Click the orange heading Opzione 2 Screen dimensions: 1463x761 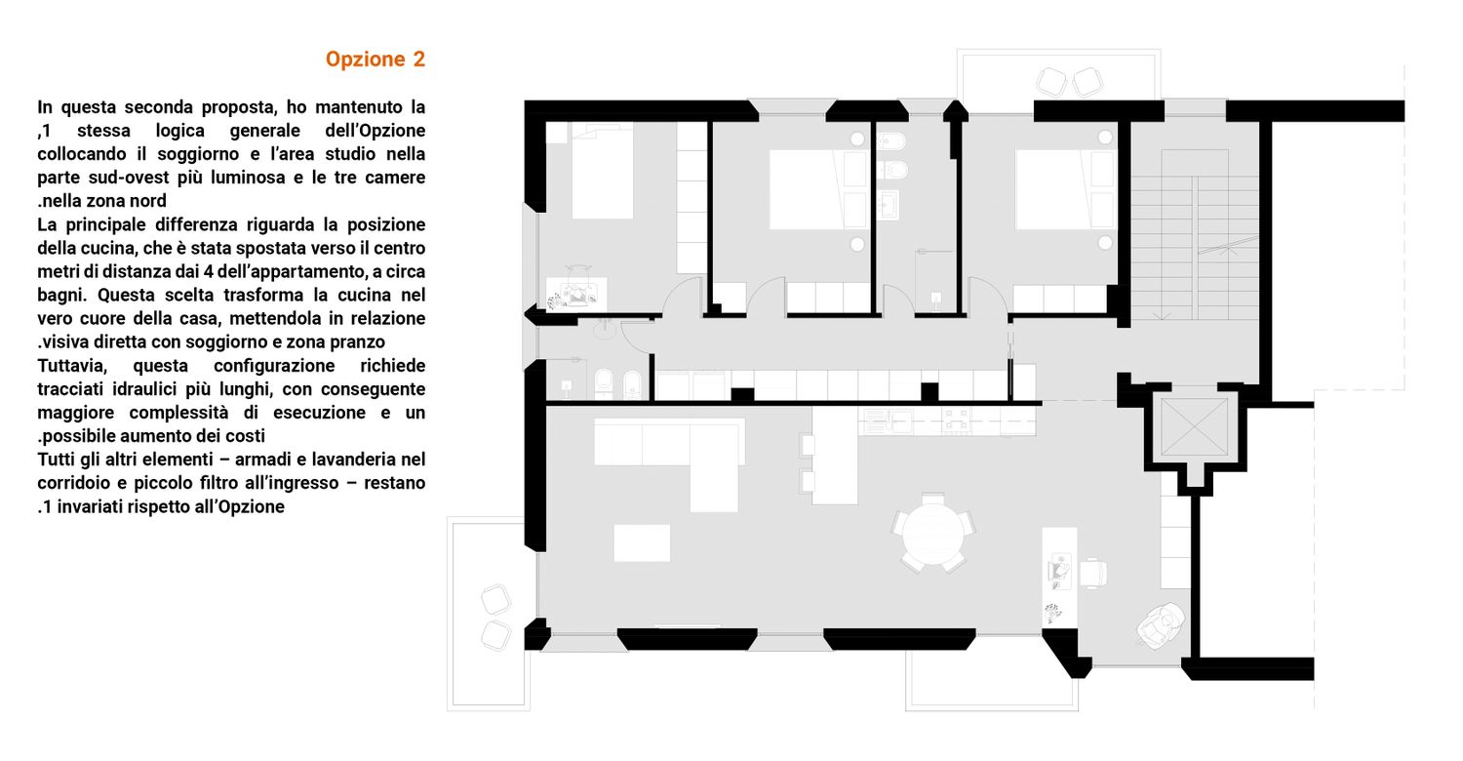tap(375, 60)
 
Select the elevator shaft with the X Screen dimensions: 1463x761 tap(1195, 427)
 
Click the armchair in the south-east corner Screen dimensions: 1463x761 tap(1161, 625)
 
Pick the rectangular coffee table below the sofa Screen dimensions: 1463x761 tap(642, 542)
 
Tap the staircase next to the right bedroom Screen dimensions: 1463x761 tap(1195, 235)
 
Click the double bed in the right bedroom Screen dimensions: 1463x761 tap(1051, 189)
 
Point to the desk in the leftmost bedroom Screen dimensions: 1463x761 tap(576, 293)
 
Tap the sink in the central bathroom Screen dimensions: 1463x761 tap(888, 205)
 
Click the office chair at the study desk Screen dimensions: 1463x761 tap(1093, 574)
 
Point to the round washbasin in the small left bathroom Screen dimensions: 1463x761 tap(605, 329)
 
